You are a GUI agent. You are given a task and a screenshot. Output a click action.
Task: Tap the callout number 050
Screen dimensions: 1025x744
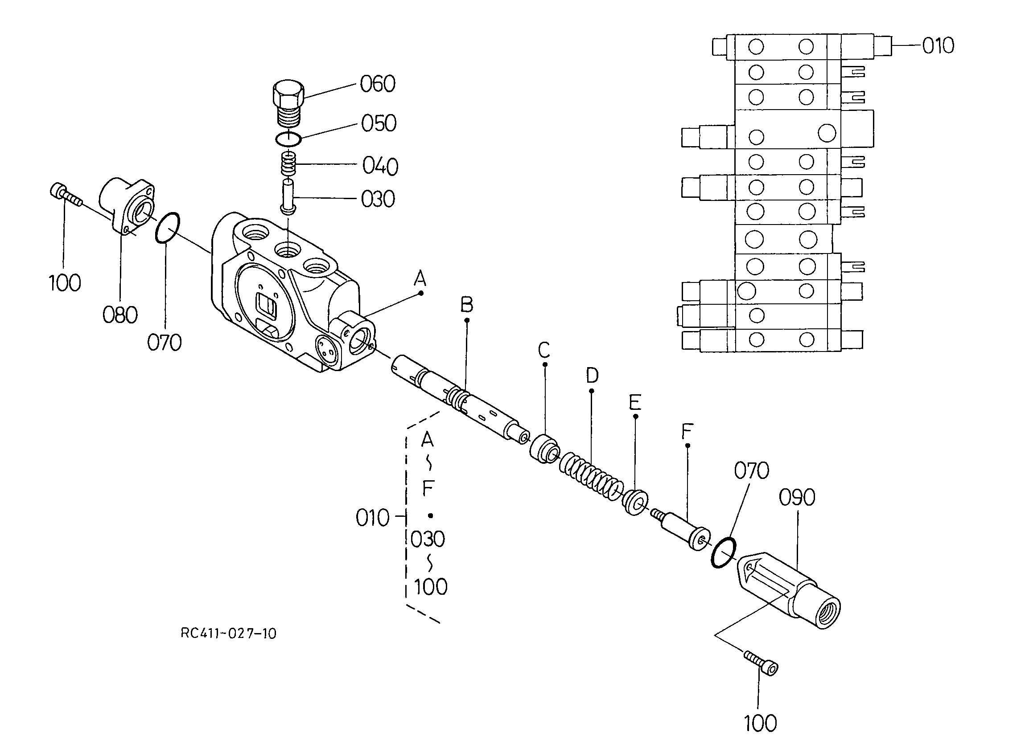tap(379, 123)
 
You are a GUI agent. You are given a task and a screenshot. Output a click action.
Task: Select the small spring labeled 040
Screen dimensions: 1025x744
tap(289, 164)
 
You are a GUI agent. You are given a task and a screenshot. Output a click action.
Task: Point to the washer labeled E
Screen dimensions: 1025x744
tap(635, 503)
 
